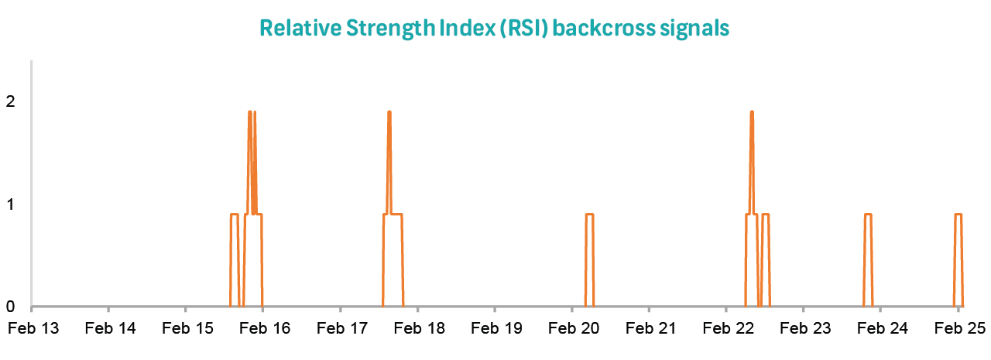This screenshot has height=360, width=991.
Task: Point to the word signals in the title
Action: pos(694,29)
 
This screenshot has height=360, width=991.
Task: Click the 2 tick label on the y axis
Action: pos(10,101)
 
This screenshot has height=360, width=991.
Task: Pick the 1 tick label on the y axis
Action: pos(10,204)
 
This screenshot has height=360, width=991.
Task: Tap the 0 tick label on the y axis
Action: pos(10,306)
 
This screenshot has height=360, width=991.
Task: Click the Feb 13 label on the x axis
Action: pos(33,328)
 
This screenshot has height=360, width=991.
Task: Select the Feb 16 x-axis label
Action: pos(265,328)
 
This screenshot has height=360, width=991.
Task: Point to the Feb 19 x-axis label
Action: pos(496,328)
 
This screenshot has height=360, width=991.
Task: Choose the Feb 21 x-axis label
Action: pos(651,328)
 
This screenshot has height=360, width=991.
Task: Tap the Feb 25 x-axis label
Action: pos(959,328)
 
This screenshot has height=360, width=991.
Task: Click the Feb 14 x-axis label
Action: pos(110,328)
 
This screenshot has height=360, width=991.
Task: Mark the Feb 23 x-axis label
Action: pos(805,328)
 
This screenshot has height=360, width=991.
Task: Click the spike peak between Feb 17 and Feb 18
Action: pos(389,111)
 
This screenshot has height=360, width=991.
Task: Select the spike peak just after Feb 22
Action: pos(752,111)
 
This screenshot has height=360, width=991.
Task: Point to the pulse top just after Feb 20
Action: pos(589,214)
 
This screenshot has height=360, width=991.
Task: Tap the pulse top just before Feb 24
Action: pos(868,214)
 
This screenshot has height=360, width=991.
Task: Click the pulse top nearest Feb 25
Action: pos(958,214)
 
